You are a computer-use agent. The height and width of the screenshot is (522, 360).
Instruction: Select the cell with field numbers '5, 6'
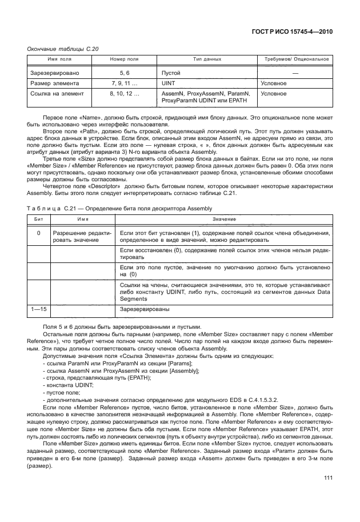point(125,74)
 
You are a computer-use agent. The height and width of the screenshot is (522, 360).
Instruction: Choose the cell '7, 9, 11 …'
point(125,83)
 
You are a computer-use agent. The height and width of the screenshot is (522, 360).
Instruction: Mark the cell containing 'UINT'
point(169,83)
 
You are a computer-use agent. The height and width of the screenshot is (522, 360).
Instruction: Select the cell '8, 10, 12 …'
point(125,93)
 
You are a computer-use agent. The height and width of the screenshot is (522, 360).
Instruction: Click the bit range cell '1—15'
point(39,309)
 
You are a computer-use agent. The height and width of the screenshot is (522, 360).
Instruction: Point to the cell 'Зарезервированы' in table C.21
point(144,309)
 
